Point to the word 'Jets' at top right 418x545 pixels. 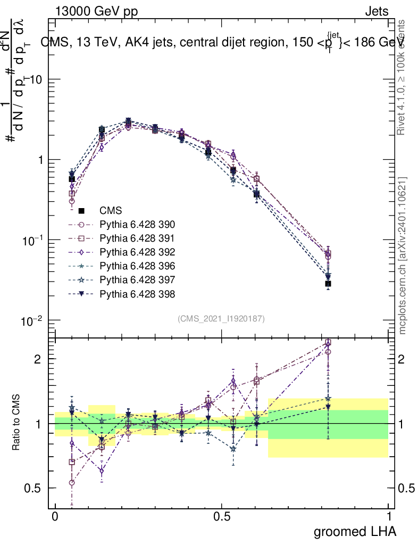(x=377, y=12)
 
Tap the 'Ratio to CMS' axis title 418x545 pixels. (x=18, y=423)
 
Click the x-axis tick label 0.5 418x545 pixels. (x=222, y=517)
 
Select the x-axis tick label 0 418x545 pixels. (x=55, y=517)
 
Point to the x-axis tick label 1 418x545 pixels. (x=388, y=517)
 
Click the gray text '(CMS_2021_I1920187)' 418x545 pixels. (x=221, y=318)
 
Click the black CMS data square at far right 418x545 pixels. (x=328, y=284)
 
